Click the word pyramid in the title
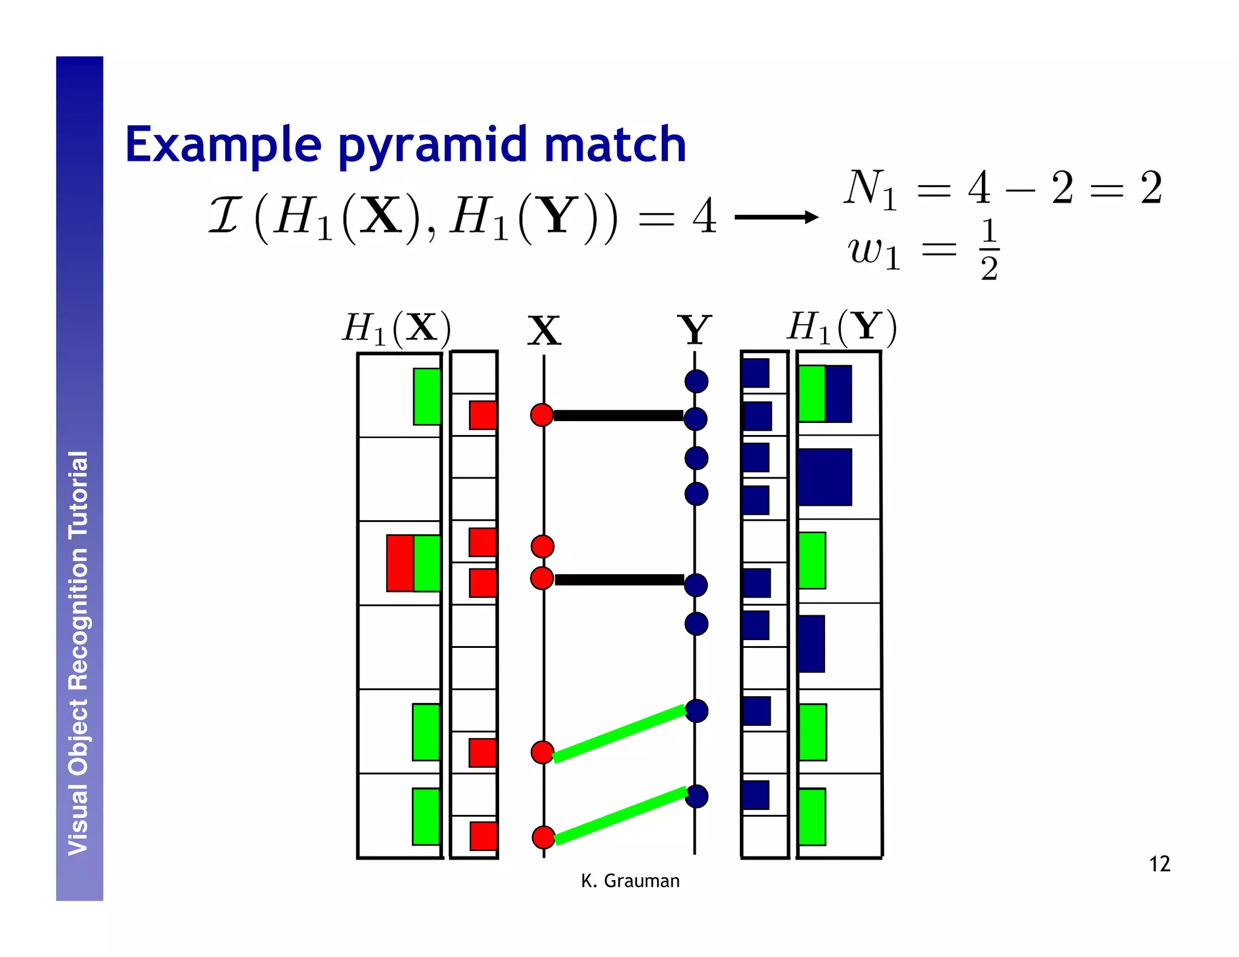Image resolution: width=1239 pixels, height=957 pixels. tap(432, 145)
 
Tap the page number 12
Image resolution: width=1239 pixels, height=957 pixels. tap(1159, 864)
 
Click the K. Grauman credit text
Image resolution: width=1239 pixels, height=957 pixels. tap(630, 881)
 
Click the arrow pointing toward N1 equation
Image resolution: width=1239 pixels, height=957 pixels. tap(777, 217)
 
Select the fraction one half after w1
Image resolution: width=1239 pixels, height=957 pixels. tap(989, 250)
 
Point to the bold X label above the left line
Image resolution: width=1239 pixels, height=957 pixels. tap(544, 331)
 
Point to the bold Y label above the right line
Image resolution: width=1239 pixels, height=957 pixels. tap(694, 330)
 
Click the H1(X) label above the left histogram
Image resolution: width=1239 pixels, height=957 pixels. tap(396, 328)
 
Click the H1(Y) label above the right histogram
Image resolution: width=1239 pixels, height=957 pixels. tap(842, 327)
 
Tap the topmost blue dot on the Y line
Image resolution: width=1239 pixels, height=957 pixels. tap(696, 381)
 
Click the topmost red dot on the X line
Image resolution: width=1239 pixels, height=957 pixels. tap(542, 415)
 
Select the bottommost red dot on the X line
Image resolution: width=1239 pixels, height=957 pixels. tap(543, 837)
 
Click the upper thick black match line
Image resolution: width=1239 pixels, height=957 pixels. tap(618, 416)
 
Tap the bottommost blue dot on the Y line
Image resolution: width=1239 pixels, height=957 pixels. tap(696, 796)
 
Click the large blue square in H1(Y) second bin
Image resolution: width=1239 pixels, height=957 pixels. tap(825, 477)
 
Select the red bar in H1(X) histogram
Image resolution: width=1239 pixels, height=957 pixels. tap(400, 563)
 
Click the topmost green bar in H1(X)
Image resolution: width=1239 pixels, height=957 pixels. tap(427, 396)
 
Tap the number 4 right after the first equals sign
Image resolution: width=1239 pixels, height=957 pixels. tap(705, 217)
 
